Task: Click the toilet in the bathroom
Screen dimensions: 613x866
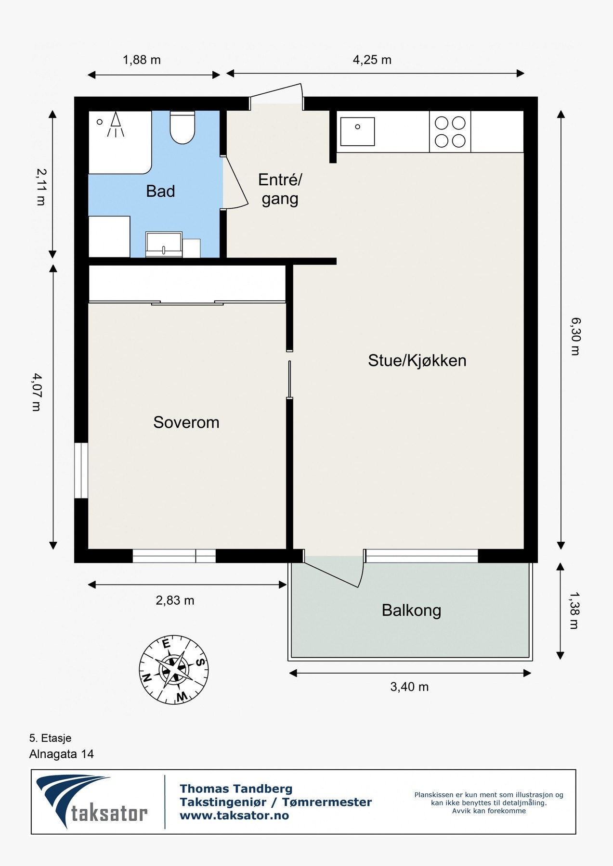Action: [183, 127]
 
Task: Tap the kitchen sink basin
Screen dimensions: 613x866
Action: [357, 131]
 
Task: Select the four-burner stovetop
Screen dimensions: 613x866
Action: [450, 132]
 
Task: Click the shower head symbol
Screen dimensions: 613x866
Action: [116, 124]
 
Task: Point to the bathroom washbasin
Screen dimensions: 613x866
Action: [164, 244]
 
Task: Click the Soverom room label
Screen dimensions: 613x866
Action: [186, 422]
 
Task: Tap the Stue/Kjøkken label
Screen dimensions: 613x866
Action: [417, 360]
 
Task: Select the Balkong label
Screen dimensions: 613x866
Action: [411, 611]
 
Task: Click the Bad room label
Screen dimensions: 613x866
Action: [160, 191]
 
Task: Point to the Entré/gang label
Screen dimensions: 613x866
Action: [280, 189]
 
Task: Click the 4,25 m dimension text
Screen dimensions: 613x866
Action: [372, 60]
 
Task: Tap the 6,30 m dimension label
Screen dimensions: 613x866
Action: [575, 336]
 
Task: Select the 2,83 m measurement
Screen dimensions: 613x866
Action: [175, 600]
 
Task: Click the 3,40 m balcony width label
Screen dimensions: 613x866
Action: [409, 687]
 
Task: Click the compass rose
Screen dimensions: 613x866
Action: [174, 669]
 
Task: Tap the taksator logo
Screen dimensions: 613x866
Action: [92, 802]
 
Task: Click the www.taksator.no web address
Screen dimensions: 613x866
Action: [235, 815]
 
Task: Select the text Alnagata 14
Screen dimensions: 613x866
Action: [62, 754]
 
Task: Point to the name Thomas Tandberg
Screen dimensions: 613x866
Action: [236, 789]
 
